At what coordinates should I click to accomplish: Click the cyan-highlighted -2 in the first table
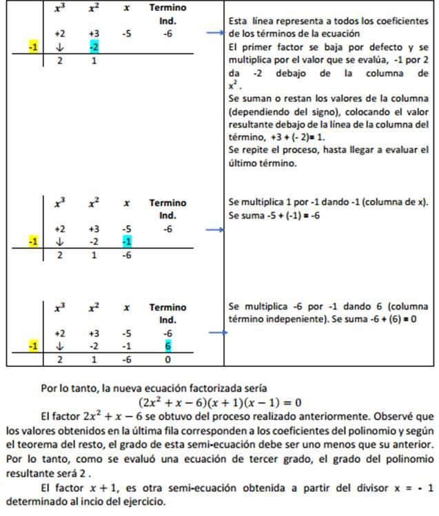(94, 47)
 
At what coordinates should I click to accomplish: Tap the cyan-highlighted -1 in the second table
(126, 241)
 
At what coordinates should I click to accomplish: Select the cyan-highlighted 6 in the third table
(167, 346)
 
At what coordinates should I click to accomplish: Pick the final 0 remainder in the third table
(167, 359)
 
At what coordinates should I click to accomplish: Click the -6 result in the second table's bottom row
(126, 255)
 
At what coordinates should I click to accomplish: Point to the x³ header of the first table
(60, 8)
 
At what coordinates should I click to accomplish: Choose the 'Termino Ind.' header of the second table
(167, 209)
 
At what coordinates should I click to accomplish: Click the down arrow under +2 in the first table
(60, 47)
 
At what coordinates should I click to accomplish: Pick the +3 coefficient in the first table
(94, 33)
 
